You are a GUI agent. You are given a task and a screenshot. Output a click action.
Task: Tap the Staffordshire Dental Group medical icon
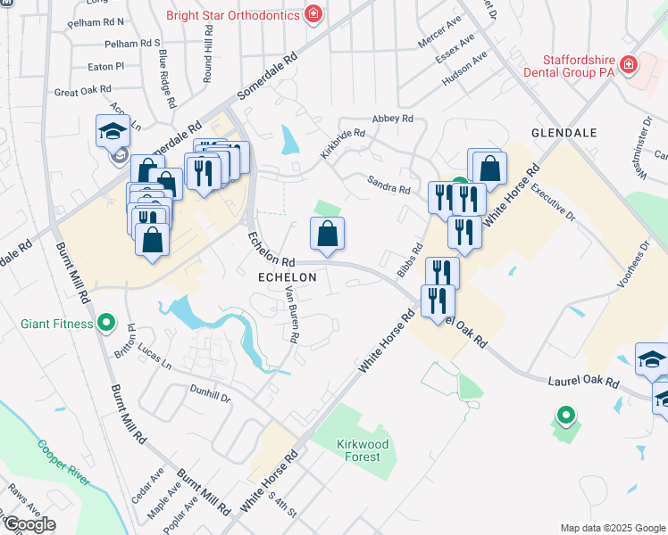[628, 64]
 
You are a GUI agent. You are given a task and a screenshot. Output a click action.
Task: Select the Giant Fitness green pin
[106, 321]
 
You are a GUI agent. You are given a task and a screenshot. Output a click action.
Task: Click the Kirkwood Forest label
[357, 450]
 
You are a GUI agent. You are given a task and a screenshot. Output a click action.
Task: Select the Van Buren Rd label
[292, 313]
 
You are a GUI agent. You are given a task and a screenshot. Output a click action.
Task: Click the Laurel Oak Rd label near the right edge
[583, 381]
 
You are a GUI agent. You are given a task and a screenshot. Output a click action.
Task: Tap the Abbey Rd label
[393, 119]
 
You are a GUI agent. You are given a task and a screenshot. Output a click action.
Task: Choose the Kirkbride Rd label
[344, 145]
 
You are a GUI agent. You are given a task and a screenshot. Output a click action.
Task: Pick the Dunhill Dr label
[211, 391]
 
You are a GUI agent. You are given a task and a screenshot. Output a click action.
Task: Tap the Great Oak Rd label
[82, 90]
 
